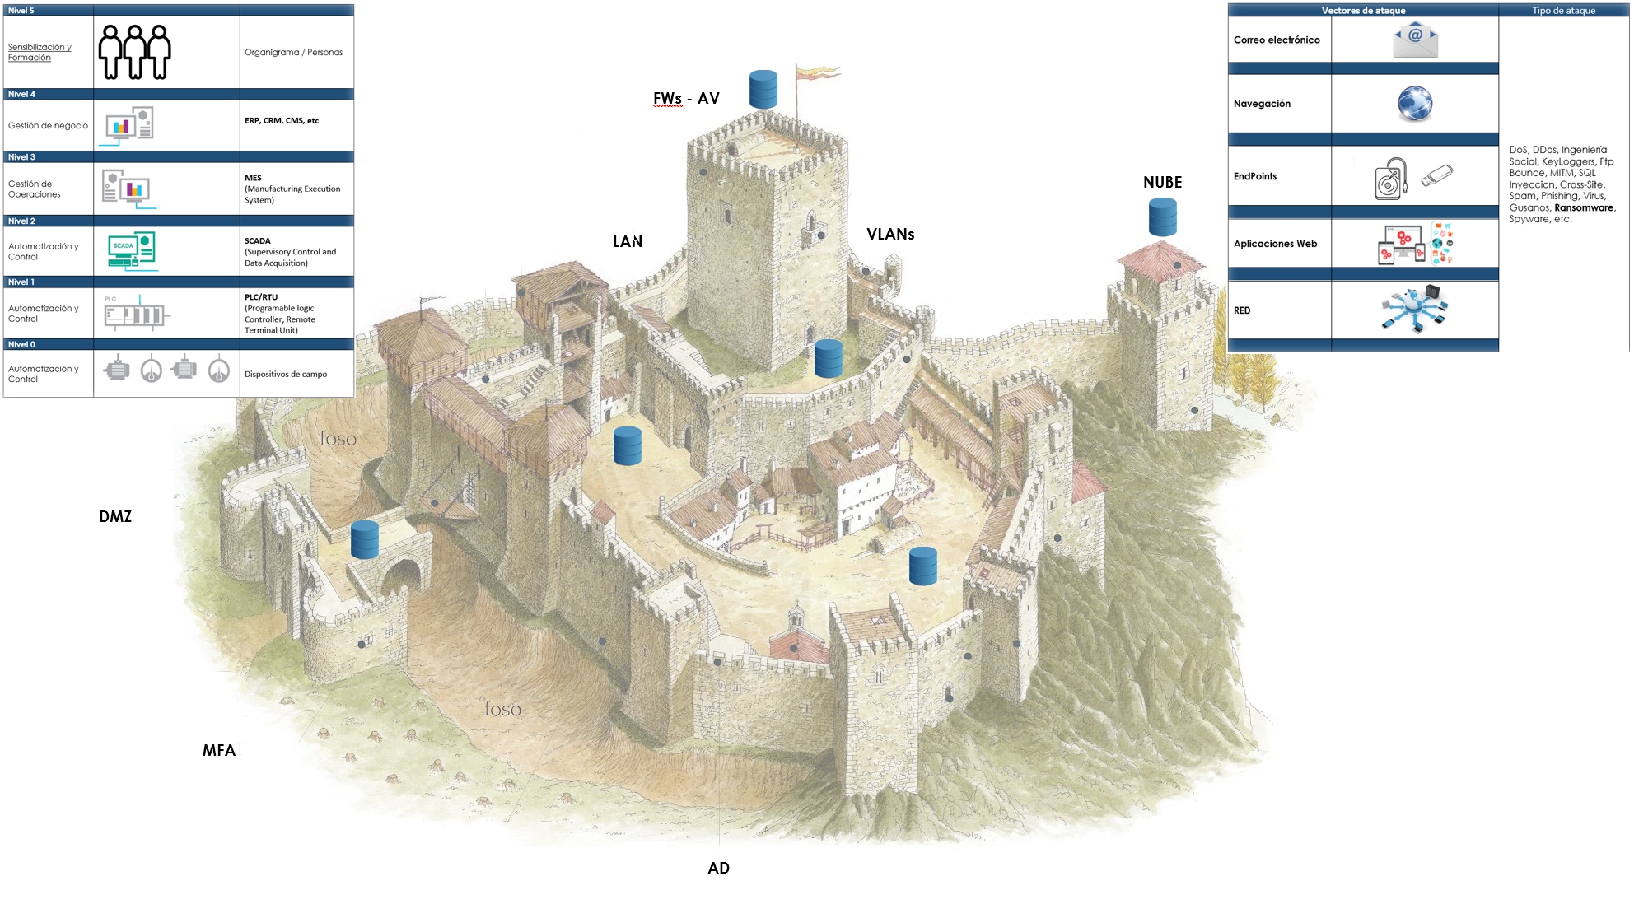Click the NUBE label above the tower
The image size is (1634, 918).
point(1162,183)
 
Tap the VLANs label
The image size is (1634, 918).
point(890,235)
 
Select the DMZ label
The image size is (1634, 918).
point(115,517)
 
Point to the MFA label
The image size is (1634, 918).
point(219,751)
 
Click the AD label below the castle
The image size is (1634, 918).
point(718,869)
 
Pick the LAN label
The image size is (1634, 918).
point(628,242)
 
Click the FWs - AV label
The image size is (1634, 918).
point(686,99)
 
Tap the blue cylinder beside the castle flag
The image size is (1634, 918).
point(763,90)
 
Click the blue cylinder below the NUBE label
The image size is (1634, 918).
point(1163,218)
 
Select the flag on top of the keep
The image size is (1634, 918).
point(817,74)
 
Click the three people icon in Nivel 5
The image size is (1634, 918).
point(134,52)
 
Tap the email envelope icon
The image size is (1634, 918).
point(1415,40)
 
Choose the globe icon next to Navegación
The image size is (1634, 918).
point(1415,104)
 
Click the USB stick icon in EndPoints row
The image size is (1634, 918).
point(1437,175)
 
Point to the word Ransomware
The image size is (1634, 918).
point(1583,208)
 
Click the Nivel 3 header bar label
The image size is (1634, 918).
point(22,157)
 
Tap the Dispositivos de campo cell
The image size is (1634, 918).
point(286,375)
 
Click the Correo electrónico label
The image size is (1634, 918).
point(1277,40)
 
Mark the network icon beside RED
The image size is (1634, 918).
point(1415,310)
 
